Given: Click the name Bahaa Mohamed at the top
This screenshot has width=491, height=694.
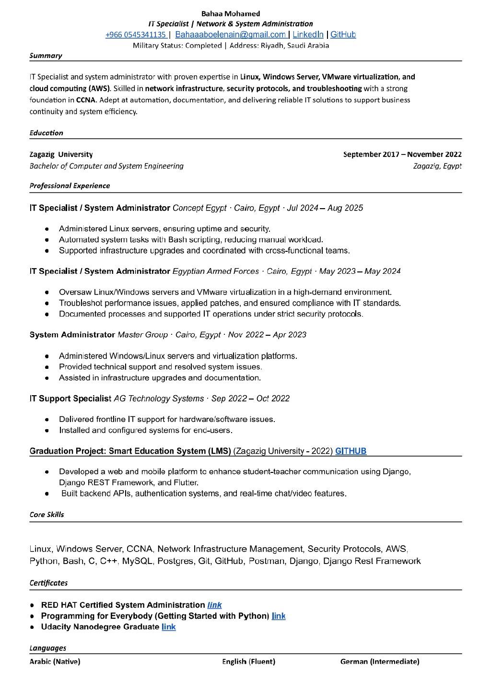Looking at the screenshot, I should tap(231, 13).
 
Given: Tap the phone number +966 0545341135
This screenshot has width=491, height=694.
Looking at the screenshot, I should tap(136, 35).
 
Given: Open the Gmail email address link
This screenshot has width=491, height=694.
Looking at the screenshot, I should tap(230, 35).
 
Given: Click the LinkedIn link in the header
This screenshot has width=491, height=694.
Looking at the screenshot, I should tap(308, 35).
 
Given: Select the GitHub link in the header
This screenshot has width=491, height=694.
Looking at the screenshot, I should tap(343, 35).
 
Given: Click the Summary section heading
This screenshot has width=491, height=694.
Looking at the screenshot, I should tap(46, 56).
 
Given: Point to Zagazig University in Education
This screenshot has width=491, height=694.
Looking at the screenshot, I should tap(61, 154).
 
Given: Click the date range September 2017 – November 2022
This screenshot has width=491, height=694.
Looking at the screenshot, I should tap(402, 154).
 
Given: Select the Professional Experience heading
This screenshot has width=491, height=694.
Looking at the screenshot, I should tap(70, 186).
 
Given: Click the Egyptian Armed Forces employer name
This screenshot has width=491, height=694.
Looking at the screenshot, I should tap(215, 271).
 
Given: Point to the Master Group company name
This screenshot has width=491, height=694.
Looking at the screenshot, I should tap(142, 335).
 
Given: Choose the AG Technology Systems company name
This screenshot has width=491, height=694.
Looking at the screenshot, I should tap(159, 399).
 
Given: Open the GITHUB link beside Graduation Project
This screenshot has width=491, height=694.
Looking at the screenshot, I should tap(351, 451).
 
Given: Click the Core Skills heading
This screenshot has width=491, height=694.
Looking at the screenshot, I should tap(47, 515).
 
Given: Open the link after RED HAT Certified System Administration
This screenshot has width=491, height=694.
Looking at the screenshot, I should tap(214, 605).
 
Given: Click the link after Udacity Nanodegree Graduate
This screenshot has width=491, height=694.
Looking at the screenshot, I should tap(169, 627).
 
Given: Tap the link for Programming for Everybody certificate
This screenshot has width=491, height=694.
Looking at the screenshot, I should tap(279, 616).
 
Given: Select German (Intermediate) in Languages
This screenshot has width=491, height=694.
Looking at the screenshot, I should tap(380, 662).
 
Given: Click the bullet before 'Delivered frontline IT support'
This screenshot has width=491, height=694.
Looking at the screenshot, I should tap(47, 420).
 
